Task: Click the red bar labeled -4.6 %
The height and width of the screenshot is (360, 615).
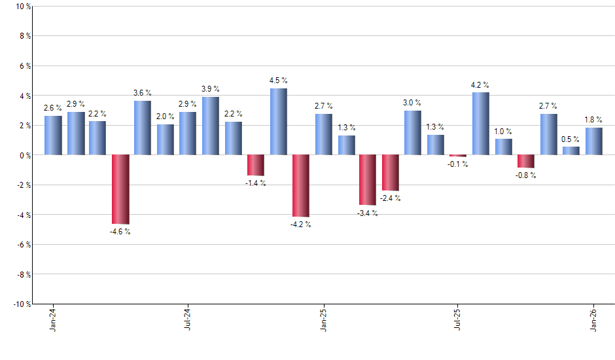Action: (x=120, y=189)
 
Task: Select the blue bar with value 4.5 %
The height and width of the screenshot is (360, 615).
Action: (x=278, y=122)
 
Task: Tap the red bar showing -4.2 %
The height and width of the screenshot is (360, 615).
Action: (x=300, y=186)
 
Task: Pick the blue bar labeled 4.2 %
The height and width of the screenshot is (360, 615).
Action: (x=480, y=124)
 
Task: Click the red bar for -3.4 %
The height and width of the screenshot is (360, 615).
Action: (x=368, y=180)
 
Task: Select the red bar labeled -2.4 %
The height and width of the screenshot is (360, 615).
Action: (x=391, y=173)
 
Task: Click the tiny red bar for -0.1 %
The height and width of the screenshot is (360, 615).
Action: (x=458, y=156)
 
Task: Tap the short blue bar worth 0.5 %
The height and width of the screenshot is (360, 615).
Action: (x=571, y=151)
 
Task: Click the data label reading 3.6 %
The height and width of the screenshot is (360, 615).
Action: (x=143, y=93)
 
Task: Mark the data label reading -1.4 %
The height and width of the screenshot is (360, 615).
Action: (x=255, y=183)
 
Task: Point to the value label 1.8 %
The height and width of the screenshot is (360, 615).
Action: (x=593, y=119)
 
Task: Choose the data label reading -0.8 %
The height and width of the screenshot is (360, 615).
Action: (x=525, y=175)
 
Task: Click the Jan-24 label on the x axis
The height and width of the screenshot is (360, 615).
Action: (x=53, y=321)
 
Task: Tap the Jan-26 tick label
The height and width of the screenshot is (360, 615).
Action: (x=593, y=321)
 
